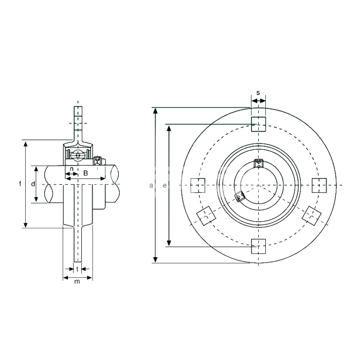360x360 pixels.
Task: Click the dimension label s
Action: coord(258,93)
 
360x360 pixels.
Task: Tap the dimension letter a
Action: coord(151,186)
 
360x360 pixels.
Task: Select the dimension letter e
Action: coord(165,186)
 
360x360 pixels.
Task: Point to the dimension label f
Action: coord(20,184)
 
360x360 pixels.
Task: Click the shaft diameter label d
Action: coord(33,184)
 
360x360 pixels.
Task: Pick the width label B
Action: coord(85,173)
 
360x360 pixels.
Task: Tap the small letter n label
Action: coord(71,169)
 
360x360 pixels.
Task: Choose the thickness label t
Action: coord(77,269)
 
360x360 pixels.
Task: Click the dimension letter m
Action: coord(77,281)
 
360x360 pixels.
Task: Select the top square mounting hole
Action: coord(259,124)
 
